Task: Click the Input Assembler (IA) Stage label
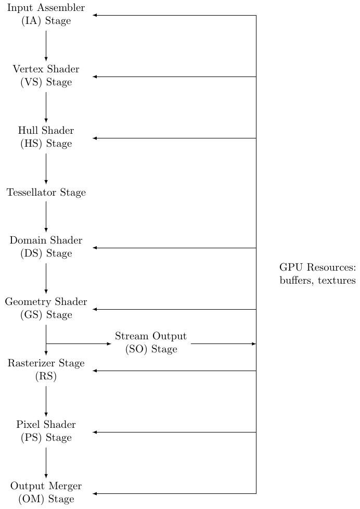[x=46, y=15]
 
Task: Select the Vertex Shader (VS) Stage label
[x=46, y=76]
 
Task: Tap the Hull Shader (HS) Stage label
[x=46, y=137]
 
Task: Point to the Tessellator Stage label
[x=46, y=193]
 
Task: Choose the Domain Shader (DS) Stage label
[x=46, y=247]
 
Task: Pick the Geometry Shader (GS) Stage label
[x=46, y=309]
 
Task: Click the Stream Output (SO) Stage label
[x=151, y=343]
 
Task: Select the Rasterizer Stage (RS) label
[x=46, y=370]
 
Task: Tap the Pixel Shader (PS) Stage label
[x=46, y=431]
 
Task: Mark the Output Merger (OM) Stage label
[x=46, y=492]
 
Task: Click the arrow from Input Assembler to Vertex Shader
[x=46, y=46]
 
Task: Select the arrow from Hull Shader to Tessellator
[x=46, y=168]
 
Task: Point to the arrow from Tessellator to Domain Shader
[x=46, y=216]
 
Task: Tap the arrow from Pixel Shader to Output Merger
[x=46, y=462]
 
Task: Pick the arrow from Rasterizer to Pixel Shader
[x=46, y=401]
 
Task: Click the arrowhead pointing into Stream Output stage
[x=109, y=343]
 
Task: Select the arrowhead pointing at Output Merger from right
[x=95, y=493]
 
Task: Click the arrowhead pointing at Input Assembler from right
[x=95, y=15]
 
